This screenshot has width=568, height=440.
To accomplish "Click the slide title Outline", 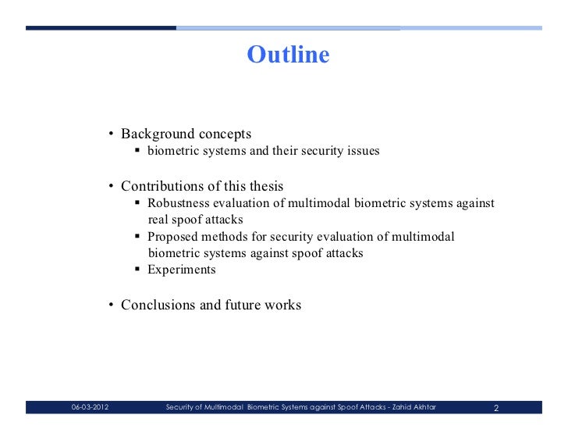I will tap(288, 55).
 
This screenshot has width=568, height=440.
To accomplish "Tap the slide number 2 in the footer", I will tap(497, 407).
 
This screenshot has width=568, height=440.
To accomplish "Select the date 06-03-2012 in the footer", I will tap(90, 407).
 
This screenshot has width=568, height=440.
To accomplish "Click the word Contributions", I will tap(164, 187).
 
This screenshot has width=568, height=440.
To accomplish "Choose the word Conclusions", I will tap(158, 305).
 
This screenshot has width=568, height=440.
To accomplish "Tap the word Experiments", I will tap(182, 270).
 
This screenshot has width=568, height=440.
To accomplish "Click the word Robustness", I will tap(180, 204).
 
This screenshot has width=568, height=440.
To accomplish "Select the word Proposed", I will tap(172, 237).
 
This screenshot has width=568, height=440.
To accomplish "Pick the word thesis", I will tap(265, 187).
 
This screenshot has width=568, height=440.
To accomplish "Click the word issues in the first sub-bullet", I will tap(363, 151).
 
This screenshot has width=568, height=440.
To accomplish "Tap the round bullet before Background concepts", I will tap(112, 134).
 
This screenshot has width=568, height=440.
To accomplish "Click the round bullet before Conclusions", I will tap(112, 306).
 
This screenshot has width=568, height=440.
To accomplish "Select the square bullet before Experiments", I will tap(137, 270).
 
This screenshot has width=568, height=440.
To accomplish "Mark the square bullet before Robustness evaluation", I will tap(137, 204).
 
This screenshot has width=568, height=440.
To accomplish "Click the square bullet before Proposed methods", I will tap(137, 237).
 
